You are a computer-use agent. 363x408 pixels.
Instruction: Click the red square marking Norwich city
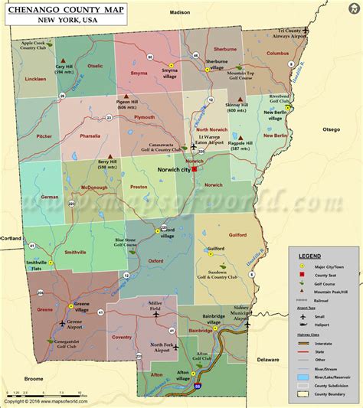195,171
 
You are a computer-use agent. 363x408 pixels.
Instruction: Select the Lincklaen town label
34,100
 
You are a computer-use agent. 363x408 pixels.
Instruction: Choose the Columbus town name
277,54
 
